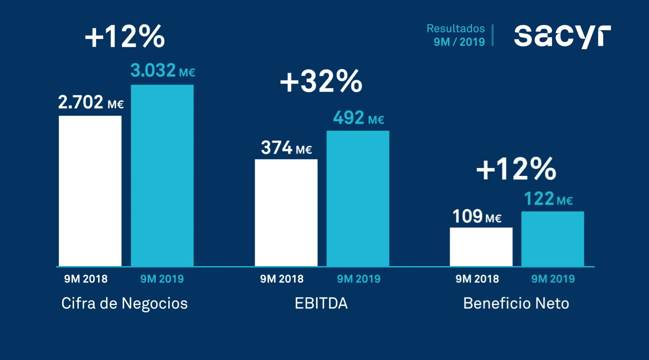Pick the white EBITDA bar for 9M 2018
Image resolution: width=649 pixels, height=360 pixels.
point(286,212)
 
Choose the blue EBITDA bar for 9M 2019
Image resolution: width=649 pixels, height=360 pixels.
point(358,198)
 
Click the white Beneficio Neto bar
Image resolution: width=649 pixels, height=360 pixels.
point(481,247)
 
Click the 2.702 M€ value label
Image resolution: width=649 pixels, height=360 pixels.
point(90,102)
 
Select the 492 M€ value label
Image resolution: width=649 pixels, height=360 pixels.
point(358,118)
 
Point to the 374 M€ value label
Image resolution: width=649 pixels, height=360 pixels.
point(286,148)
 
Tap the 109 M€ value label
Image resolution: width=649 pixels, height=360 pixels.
point(477,217)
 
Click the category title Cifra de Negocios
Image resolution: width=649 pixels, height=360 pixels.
point(125,303)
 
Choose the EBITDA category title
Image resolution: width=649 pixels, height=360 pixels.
point(321,303)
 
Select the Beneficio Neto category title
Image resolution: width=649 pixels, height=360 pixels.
point(516,303)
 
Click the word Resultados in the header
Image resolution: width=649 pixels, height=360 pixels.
point(455,28)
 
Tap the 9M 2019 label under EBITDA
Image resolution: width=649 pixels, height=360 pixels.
point(358,279)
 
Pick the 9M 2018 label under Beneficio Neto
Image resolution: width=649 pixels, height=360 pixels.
point(477,279)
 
